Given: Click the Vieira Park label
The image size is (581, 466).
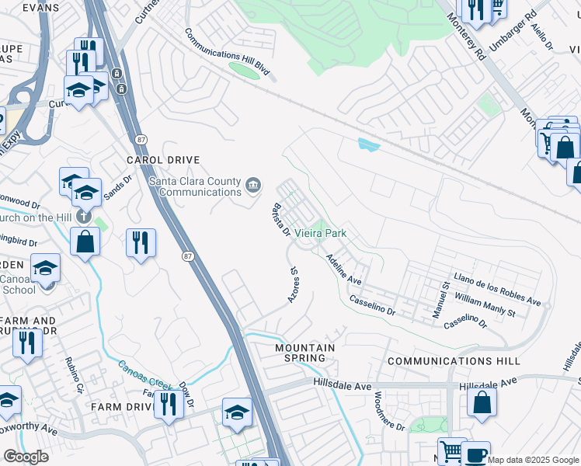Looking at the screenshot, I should [x=319, y=233].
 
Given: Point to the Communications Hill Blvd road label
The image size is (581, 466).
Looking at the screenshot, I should [x=228, y=54].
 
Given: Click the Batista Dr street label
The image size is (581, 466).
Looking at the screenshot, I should [x=280, y=220].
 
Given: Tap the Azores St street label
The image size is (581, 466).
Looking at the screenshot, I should [x=294, y=287].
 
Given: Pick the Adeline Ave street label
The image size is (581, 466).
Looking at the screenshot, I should [x=344, y=269].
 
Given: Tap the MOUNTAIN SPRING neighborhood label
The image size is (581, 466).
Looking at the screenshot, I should [x=305, y=353].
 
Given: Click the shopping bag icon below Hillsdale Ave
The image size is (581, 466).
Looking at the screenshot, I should [x=482, y=403].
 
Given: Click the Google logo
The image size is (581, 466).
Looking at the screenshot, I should [x=26, y=457].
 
